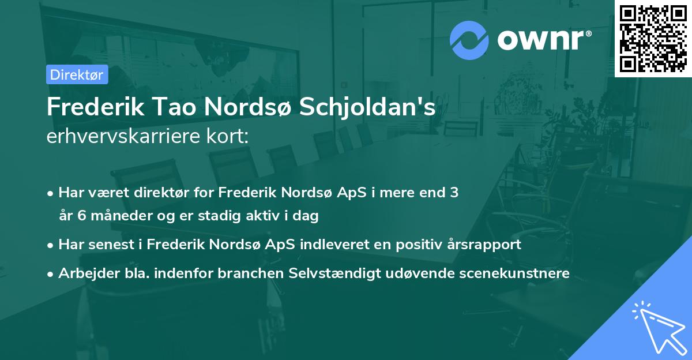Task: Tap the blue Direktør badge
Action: (x=77, y=74)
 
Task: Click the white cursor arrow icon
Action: (x=658, y=327)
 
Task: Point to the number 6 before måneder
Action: (x=78, y=216)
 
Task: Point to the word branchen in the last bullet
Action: (x=250, y=273)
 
